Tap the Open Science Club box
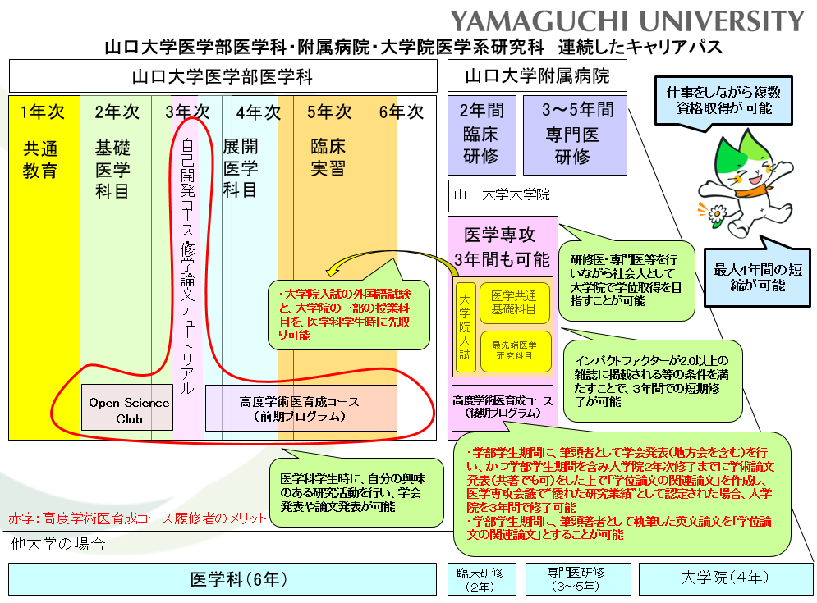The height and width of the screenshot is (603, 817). click(x=129, y=409)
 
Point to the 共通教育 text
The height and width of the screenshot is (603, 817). click(x=40, y=160)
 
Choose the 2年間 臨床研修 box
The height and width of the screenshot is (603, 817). click(x=481, y=135)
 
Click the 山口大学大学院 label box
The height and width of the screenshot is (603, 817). click(x=502, y=197)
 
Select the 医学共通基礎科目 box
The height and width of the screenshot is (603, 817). click(x=514, y=302)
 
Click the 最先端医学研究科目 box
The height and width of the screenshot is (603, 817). click(x=514, y=349)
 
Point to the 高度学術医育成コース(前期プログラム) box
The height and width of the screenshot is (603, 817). click(x=301, y=409)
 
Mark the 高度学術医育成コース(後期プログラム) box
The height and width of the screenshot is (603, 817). click(x=503, y=407)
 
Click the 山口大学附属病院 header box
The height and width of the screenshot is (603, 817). click(x=537, y=76)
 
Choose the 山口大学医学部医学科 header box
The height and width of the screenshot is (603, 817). click(x=223, y=76)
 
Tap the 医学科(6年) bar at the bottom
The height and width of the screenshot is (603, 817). click(x=223, y=578)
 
